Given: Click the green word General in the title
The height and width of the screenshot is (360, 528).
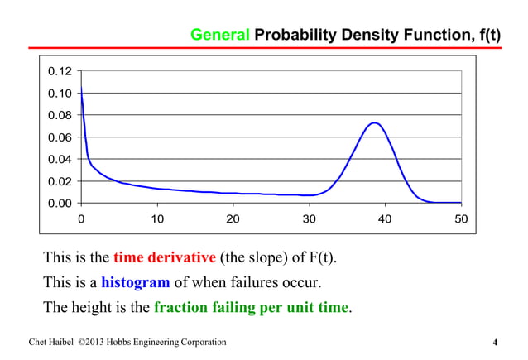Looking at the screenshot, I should (x=219, y=36).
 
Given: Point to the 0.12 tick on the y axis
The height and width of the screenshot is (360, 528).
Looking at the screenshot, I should (x=60, y=71).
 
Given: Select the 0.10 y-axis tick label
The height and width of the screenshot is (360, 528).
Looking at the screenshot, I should (x=60, y=93).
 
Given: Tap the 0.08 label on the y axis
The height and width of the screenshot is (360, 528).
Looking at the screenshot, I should (x=60, y=115).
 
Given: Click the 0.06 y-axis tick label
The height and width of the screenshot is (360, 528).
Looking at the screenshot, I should (x=60, y=137).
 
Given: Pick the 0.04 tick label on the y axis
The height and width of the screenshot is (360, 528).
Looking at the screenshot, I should (x=60, y=159).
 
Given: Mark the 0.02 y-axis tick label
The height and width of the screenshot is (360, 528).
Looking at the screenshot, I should (x=60, y=181).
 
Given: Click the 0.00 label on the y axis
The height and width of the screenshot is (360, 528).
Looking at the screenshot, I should (x=60, y=203).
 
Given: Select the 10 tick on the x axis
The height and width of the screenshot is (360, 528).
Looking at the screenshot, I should (x=156, y=220).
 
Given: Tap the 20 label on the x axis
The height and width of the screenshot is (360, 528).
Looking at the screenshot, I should (x=233, y=220).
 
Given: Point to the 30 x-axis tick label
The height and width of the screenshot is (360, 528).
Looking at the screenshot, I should (x=309, y=220).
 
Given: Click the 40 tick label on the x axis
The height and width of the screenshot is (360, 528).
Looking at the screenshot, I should (x=385, y=220).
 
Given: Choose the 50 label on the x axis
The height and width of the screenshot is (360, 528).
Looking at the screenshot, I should (x=461, y=220).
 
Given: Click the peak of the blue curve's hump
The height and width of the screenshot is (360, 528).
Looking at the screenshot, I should (x=374, y=123).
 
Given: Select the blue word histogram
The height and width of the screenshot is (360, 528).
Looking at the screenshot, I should (x=135, y=282).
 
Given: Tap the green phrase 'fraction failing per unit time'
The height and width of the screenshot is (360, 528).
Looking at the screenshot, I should (x=252, y=308).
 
